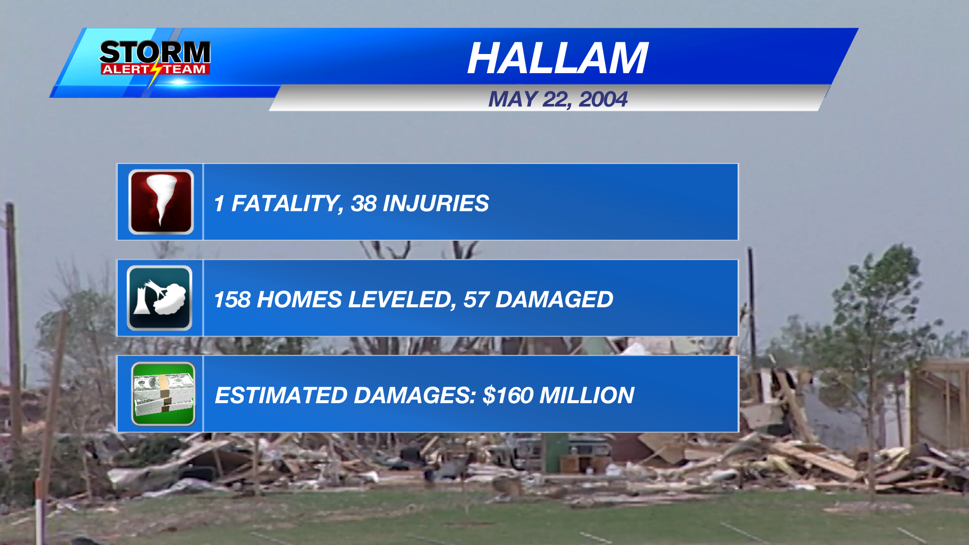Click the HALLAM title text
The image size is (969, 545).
click(557, 59)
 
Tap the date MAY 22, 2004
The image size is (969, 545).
click(558, 99)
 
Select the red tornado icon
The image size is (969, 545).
click(161, 202)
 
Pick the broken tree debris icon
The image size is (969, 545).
click(159, 298)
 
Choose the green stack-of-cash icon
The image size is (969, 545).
click(163, 394)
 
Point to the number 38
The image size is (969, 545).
click(363, 203)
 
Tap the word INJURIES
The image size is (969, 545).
click(436, 203)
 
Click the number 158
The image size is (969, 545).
click(232, 300)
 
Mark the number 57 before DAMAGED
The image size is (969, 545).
click(476, 300)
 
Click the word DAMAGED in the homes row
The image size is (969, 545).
click(554, 300)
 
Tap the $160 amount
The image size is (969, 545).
click(508, 395)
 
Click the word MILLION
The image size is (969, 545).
click(586, 395)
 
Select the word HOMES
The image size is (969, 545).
click(299, 300)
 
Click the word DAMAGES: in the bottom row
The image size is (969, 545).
click(415, 395)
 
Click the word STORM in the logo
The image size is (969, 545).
click(154, 52)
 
